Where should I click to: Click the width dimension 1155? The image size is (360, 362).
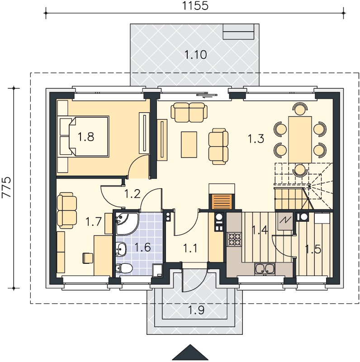coord(195,5)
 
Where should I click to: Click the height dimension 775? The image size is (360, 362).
coord(6,187)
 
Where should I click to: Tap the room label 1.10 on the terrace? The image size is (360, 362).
coord(195,55)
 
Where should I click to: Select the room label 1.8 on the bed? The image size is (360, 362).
coord(86,137)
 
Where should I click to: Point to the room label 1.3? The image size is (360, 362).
coord(256,139)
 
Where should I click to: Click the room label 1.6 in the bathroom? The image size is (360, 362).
coord(142,247)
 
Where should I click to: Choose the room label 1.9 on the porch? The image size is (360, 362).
coord(196,310)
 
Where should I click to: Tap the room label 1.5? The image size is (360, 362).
coord(313,249)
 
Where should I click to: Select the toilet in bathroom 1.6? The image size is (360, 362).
coord(124,268)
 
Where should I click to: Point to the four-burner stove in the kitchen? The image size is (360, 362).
coord(234,239)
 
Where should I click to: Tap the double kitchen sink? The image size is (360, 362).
coord(265,269)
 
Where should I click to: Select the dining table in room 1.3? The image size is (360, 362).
coord(300,139)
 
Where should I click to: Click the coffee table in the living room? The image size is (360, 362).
coord(189,145)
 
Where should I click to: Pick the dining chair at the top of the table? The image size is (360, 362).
coord(300,109)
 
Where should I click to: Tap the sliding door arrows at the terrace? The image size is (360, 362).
coord(207,95)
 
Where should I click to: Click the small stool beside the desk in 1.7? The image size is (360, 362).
coord(88,258)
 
